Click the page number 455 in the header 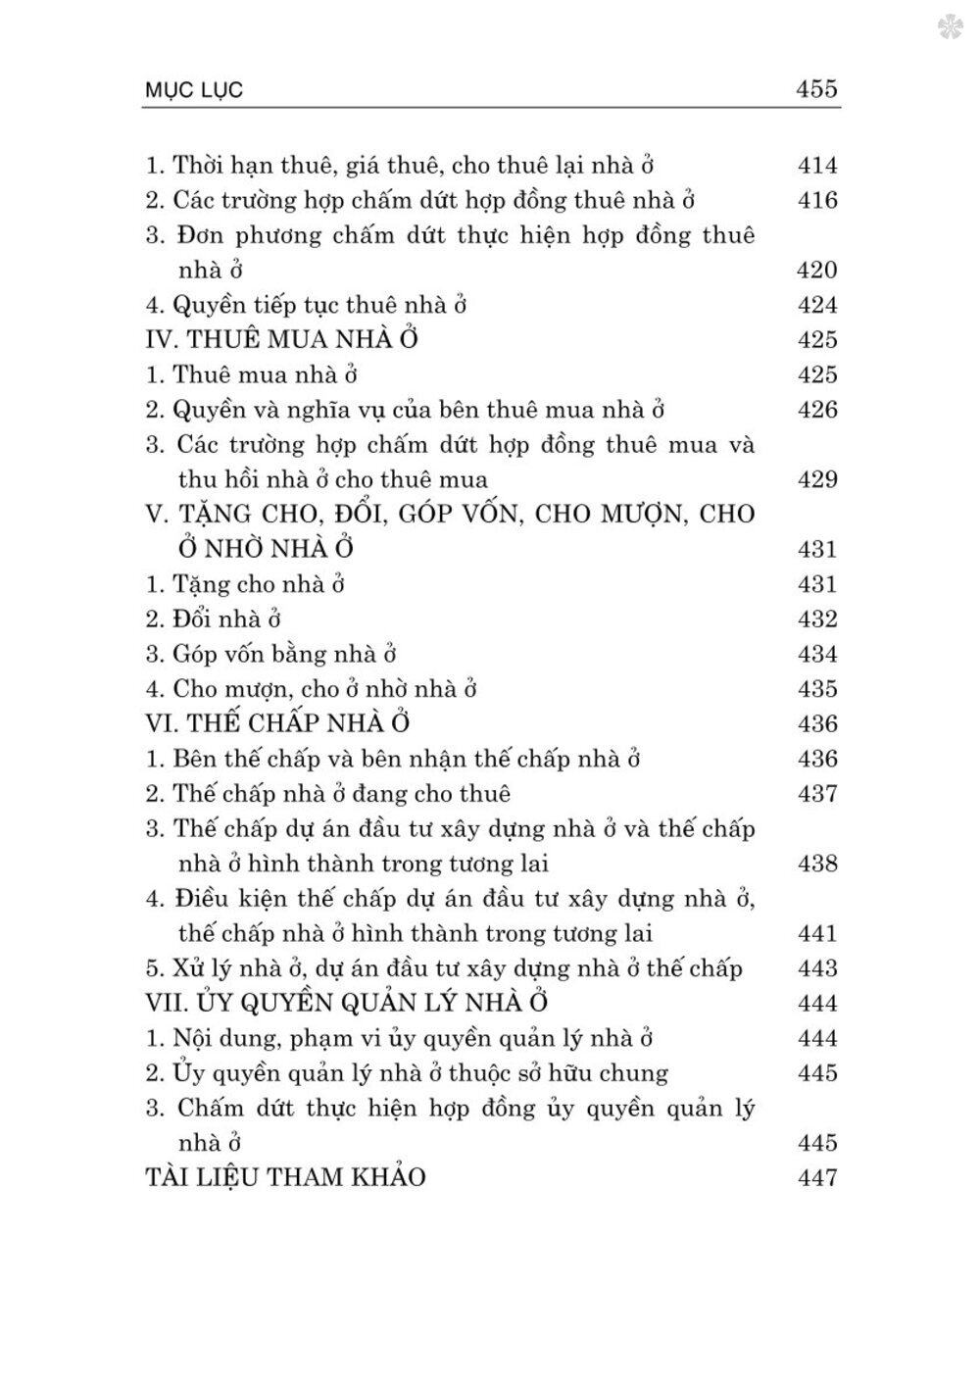816,89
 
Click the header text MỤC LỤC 192,91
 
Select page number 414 817,166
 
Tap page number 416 817,201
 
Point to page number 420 817,271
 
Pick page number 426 817,410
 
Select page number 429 817,479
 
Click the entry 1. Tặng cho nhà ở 245,584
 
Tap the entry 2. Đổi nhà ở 214,619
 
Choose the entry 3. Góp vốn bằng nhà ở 270,654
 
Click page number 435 817,689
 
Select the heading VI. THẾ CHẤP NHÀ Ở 276,723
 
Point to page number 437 817,794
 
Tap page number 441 817,933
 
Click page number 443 817,968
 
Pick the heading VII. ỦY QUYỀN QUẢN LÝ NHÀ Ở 345,1003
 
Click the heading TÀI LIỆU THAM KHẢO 284,1177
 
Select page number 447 817,1177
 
